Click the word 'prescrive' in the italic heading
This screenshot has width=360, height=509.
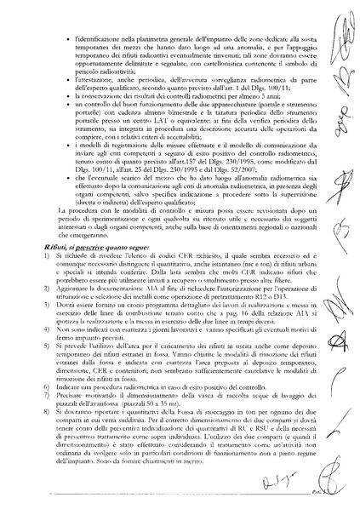point(86,243)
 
